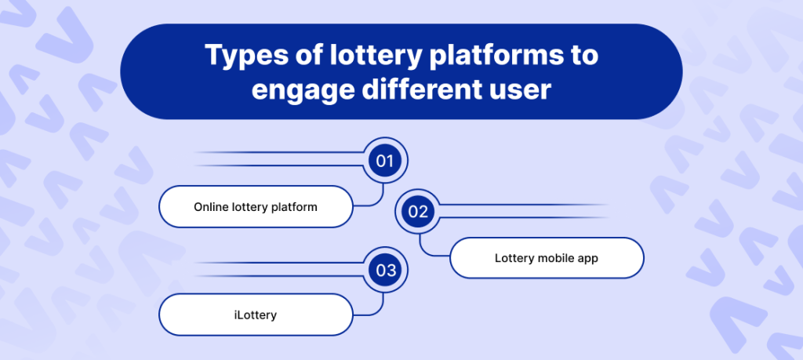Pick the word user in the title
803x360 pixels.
[x=520, y=88]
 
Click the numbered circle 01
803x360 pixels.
[x=384, y=162]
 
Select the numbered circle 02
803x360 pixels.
[x=418, y=211]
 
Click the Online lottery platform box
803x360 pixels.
[x=256, y=208]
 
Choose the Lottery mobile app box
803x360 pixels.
[x=547, y=258]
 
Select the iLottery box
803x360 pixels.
[x=256, y=315]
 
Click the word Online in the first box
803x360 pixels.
[x=211, y=208]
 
